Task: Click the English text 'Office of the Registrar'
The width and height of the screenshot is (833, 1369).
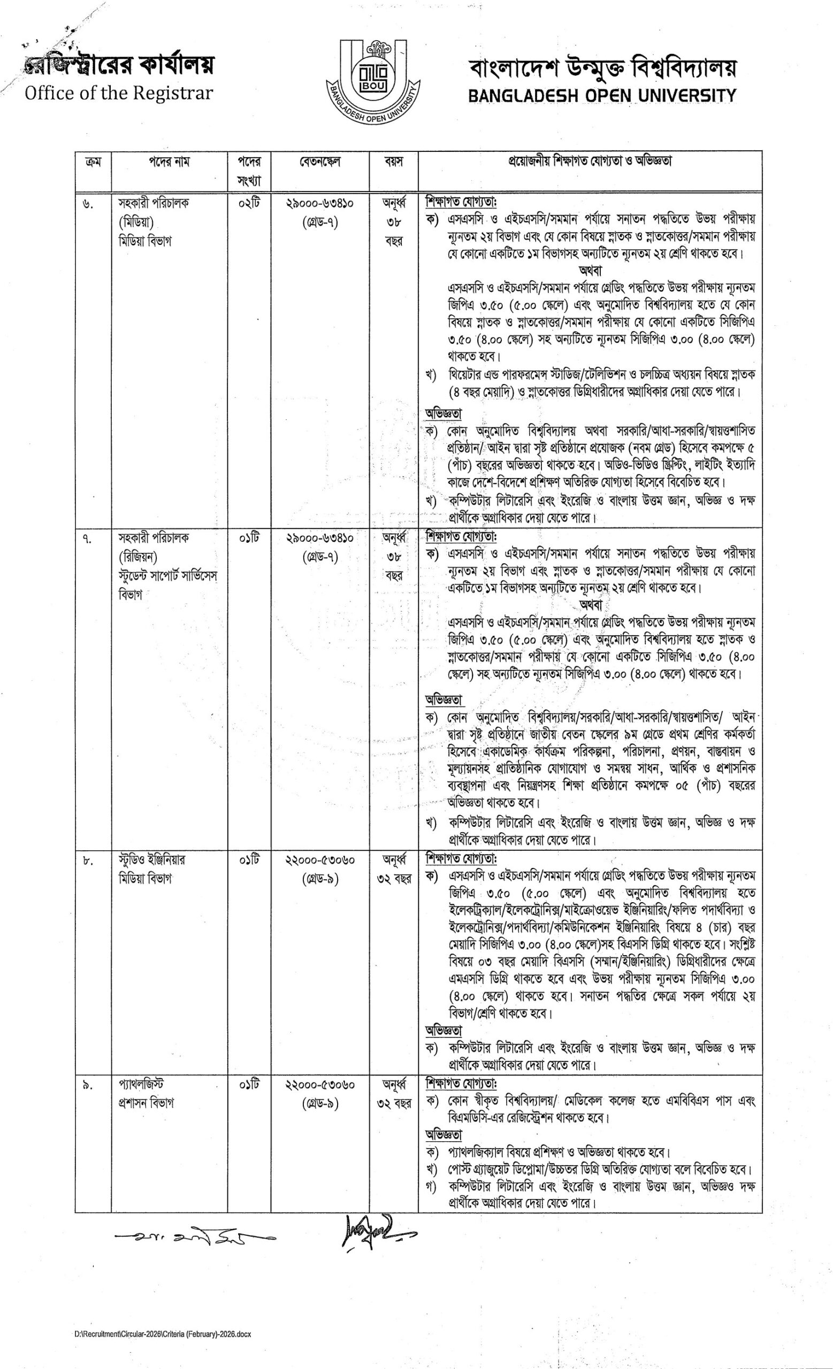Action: point(118,93)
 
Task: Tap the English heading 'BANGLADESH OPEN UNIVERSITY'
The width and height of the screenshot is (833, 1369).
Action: point(602,96)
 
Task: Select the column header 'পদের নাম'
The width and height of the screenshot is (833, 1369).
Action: point(169,162)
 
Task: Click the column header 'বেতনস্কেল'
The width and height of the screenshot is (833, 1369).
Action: point(319,162)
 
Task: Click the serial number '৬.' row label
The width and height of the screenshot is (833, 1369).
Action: point(88,204)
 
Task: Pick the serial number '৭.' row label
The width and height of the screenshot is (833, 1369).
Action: point(88,539)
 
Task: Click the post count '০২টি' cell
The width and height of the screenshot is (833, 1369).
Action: point(248,203)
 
